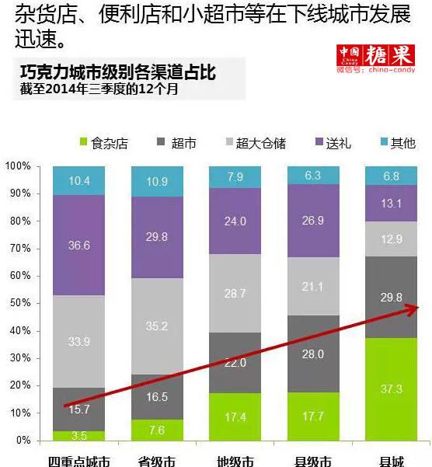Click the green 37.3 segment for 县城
pos(391,389)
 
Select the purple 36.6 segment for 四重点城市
pos(78,245)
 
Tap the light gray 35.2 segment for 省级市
pos(156,326)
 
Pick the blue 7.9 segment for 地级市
pos(235,177)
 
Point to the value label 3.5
pos(78,434)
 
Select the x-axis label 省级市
pos(156,460)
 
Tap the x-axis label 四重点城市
pos(78,460)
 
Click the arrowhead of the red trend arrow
pos(414,308)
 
